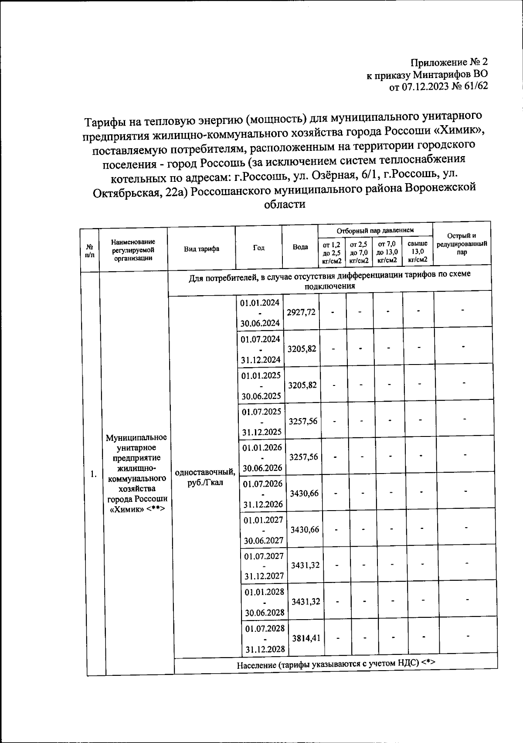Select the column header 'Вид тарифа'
201,249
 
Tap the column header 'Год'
258,248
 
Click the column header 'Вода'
300,247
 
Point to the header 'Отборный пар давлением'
375,230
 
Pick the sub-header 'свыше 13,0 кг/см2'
417,252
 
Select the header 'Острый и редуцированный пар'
462,244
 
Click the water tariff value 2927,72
301,312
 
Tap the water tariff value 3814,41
306,638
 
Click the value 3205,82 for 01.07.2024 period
302,349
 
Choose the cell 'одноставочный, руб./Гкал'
205,478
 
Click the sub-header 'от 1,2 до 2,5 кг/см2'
332,252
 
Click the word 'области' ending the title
285,204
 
